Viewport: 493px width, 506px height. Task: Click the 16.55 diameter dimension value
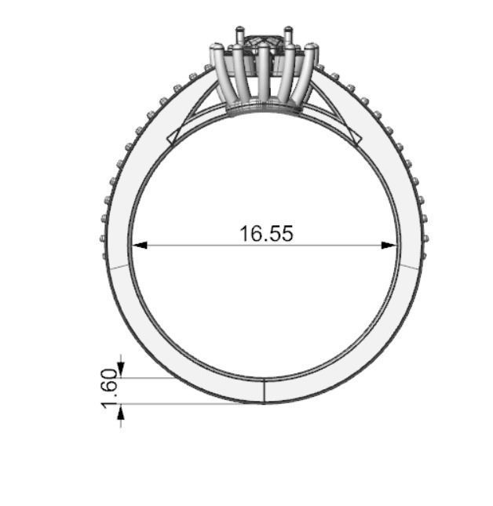click(266, 233)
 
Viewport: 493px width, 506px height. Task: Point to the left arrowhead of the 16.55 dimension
click(139, 246)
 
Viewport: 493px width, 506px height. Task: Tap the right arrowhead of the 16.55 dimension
click(389, 246)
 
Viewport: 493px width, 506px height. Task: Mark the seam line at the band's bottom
click(264, 391)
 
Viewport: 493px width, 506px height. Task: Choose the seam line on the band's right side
click(409, 267)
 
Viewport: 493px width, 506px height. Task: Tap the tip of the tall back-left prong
click(239, 30)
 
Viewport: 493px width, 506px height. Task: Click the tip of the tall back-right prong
click(288, 30)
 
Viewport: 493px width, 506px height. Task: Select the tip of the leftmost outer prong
click(214, 49)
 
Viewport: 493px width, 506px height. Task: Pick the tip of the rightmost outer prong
click(313, 49)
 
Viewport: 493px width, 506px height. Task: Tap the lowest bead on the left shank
click(102, 235)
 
